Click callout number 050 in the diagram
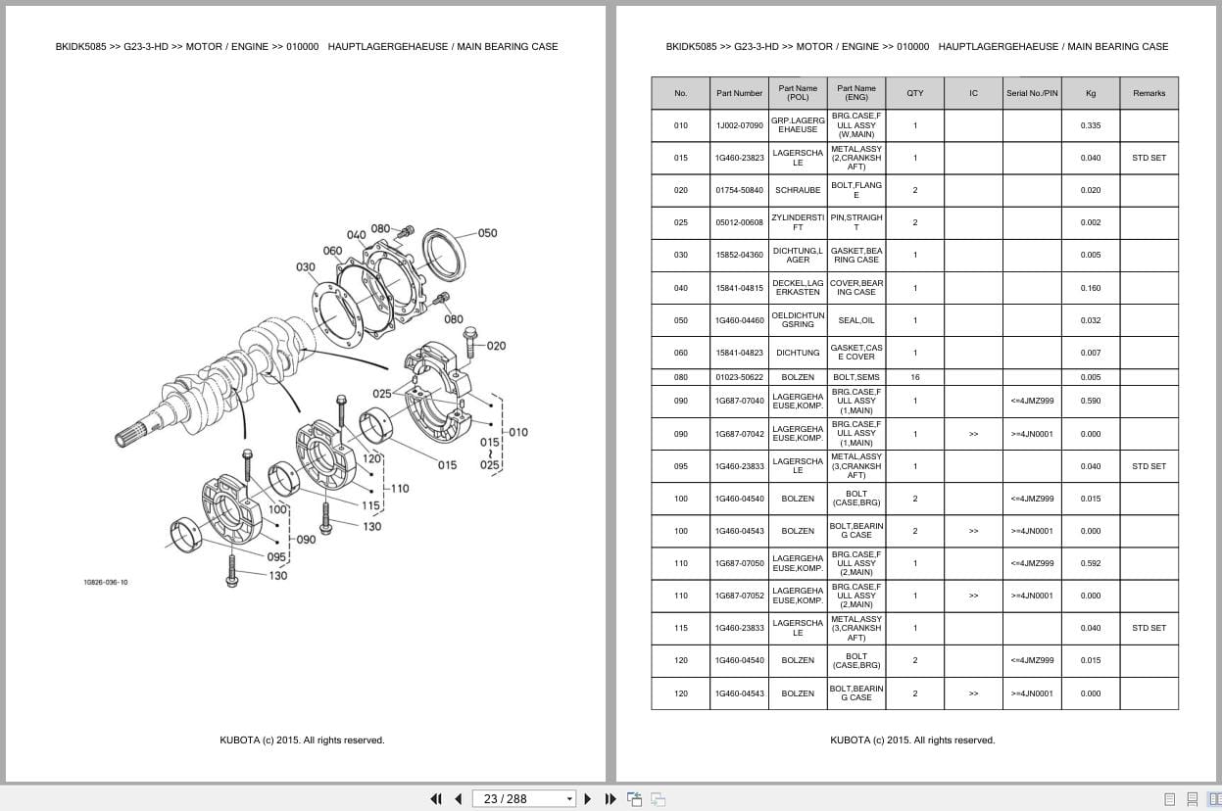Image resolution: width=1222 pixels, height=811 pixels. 487,233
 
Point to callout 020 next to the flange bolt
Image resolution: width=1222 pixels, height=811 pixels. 496,346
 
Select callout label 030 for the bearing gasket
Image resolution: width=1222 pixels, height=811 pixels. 306,267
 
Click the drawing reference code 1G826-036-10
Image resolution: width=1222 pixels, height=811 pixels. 106,582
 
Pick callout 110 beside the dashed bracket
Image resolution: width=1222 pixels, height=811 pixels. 400,489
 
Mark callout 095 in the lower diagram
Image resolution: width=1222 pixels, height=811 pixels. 276,557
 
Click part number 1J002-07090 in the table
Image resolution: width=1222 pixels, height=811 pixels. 739,125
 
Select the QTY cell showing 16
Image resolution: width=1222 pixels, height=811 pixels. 915,377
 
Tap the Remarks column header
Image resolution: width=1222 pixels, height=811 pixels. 1149,93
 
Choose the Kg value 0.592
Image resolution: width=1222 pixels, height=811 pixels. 1091,563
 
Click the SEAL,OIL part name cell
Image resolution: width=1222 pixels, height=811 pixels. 855,320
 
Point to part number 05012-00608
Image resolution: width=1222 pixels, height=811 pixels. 739,222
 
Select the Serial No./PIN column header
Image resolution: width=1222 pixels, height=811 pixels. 1032,93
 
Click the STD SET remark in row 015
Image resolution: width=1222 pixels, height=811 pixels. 1149,158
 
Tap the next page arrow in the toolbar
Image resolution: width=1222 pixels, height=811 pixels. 588,799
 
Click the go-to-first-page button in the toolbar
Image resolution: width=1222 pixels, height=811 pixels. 436,799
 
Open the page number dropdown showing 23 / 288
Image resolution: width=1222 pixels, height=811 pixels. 523,799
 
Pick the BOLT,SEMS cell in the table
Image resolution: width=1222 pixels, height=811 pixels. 855,377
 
